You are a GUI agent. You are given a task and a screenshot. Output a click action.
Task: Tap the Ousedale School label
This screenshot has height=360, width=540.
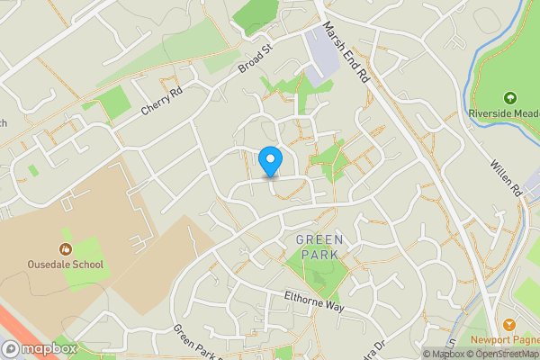(x=65, y=265)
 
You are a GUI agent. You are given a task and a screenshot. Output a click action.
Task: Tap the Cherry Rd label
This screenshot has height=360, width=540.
(x=162, y=100)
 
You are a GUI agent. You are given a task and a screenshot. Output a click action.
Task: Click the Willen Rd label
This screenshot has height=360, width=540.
(x=507, y=178)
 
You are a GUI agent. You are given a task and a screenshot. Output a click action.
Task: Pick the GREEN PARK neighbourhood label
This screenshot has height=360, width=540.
(x=319, y=247)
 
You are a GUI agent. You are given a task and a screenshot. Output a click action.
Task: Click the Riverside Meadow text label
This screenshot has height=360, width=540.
(x=503, y=113)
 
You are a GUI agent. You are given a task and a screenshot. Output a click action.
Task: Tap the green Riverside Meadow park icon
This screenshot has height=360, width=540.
(x=509, y=97)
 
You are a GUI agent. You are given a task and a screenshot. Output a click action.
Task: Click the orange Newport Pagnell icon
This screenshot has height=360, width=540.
(x=509, y=324)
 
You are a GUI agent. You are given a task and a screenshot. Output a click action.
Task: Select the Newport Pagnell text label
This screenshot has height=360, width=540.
(x=504, y=340)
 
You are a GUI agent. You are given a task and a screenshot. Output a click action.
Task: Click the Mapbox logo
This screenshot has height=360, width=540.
(x=38, y=348)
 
